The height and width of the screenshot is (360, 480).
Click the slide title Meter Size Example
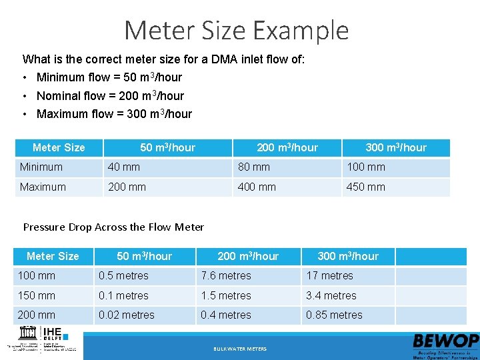(237, 31)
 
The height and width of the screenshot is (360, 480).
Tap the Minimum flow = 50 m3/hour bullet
(109, 77)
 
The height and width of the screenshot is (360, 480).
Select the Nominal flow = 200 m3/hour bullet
(110, 96)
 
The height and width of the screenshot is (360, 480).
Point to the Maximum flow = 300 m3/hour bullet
(114, 114)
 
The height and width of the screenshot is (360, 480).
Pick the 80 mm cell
(254, 167)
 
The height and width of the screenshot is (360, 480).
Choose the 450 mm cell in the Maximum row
(365, 187)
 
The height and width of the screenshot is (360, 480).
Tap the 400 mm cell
(257, 187)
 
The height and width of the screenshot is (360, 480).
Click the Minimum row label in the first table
(41, 167)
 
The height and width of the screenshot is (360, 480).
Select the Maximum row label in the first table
(43, 187)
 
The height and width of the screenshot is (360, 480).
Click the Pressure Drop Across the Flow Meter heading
(113, 227)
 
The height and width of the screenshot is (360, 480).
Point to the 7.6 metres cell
(226, 276)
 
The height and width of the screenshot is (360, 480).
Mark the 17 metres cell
(329, 276)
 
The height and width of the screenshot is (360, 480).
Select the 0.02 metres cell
(127, 315)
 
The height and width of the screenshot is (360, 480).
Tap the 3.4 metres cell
(331, 296)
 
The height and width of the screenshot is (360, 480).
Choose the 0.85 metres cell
(334, 315)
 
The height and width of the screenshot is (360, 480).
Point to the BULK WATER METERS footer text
(240, 349)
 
